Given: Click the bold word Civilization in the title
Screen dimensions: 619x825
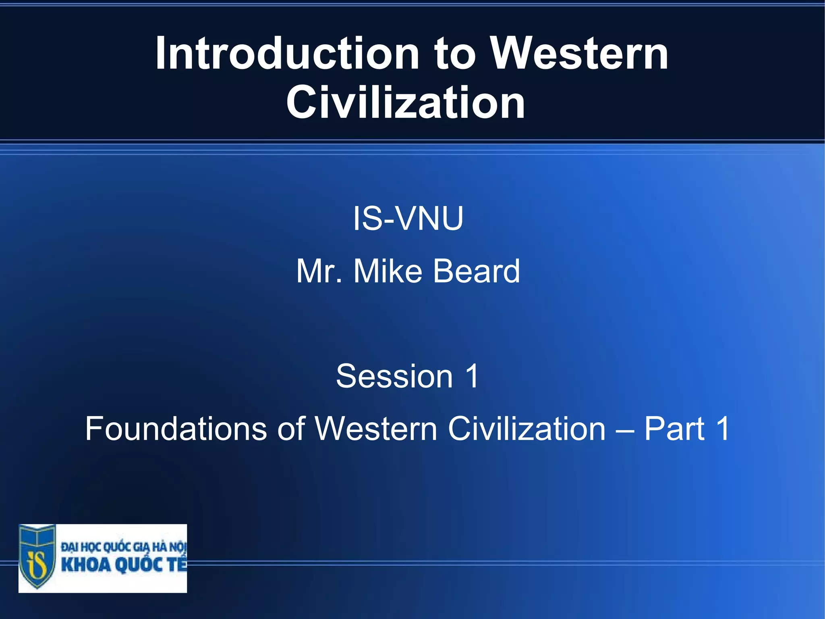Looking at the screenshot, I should click(x=406, y=103).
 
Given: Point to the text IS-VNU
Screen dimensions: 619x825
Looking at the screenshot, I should click(x=408, y=219).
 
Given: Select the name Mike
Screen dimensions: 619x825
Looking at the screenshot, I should click(x=388, y=271).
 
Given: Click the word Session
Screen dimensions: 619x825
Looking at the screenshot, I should click(x=394, y=376).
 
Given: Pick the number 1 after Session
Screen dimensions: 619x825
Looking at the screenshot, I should click(x=472, y=376).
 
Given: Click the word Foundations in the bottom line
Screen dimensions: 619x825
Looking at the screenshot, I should click(x=176, y=429).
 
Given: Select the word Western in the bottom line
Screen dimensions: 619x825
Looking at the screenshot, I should click(x=376, y=429).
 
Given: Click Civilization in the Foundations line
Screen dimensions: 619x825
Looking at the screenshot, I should click(x=527, y=429).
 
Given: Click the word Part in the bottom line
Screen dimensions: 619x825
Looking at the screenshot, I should click(x=674, y=429).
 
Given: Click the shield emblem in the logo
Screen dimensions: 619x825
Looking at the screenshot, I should click(x=37, y=556).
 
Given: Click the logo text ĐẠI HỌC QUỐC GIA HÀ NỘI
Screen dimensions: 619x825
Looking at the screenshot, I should click(x=123, y=547).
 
